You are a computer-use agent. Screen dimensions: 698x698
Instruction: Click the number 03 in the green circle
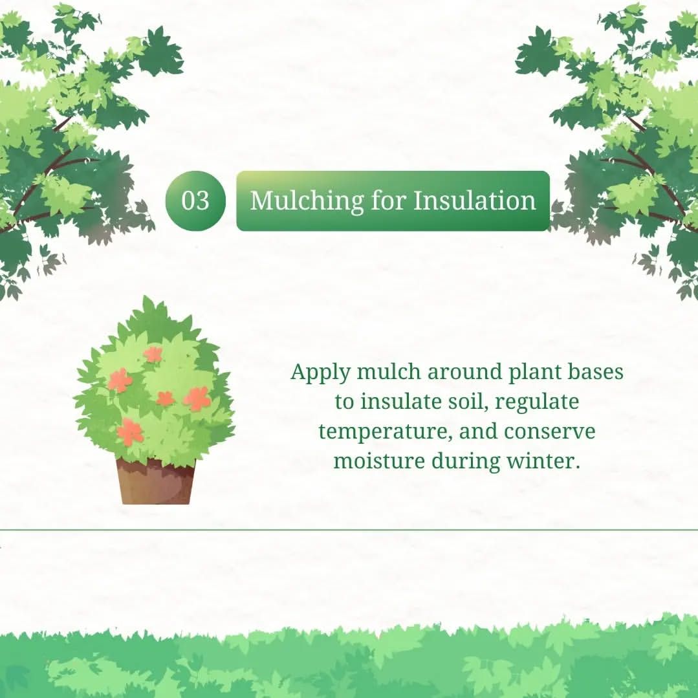coord(195,201)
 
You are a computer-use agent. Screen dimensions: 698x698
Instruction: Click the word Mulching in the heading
coord(307,201)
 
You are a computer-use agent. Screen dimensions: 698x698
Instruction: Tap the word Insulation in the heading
coord(475,201)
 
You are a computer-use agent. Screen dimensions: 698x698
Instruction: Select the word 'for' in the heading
coord(388,201)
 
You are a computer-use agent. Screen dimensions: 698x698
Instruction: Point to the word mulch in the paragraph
coord(388,372)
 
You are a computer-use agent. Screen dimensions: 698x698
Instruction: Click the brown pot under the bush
coord(156,482)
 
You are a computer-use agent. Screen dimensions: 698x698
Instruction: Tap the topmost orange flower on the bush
coord(153,354)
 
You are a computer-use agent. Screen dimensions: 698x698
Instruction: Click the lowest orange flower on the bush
coord(130,431)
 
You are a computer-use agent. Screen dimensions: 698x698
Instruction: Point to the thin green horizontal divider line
coord(349,530)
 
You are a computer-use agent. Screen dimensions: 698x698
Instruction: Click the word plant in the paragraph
coord(534,373)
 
